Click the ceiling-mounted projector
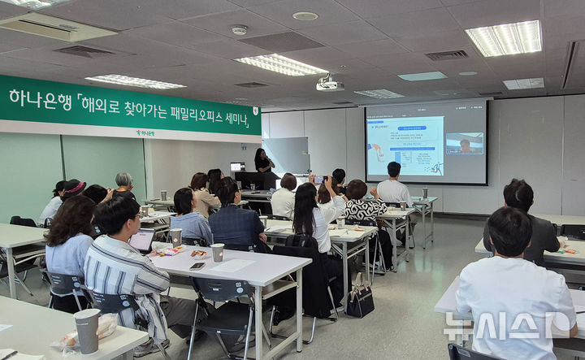tap(329, 84)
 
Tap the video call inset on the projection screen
tap(464, 144)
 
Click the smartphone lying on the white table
tap(197, 265)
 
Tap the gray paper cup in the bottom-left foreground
tap(87, 329)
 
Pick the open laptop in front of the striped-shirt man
tap(142, 241)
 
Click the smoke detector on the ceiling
tap(239, 30)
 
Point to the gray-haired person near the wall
tap(123, 184)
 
